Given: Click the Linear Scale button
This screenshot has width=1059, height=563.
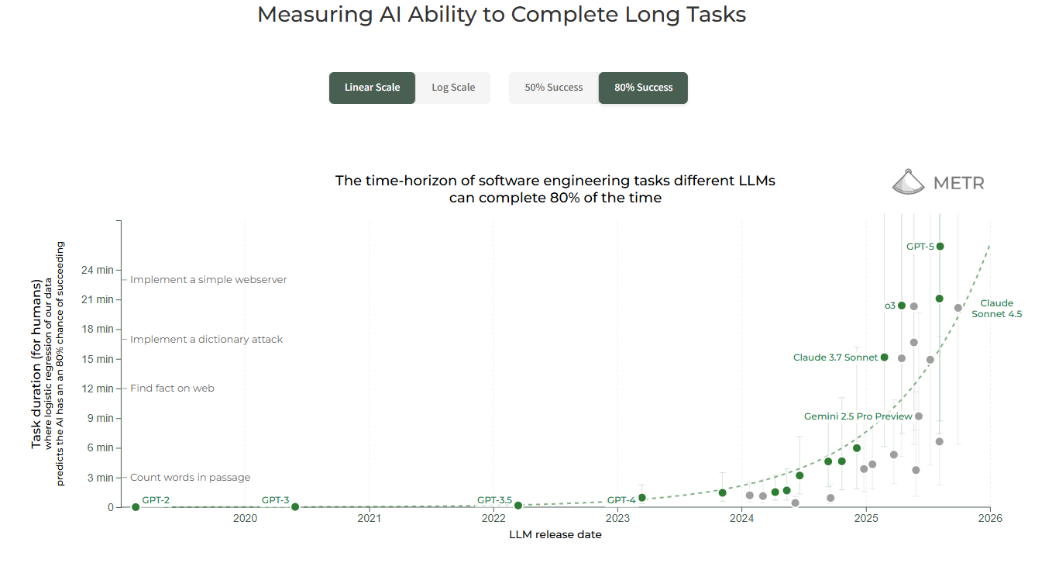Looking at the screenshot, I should [x=372, y=88].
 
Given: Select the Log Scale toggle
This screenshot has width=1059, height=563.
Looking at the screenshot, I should [x=453, y=88].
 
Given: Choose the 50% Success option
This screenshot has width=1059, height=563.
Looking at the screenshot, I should [x=553, y=88].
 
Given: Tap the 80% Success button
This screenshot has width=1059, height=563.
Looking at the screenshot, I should [x=643, y=88].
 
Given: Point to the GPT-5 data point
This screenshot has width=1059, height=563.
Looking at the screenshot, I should [x=940, y=247].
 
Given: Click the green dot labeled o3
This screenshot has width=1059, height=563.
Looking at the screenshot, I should [x=902, y=306].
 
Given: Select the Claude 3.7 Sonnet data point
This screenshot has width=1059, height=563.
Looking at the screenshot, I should [x=885, y=357].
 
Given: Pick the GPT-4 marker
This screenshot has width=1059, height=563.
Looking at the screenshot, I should [x=641, y=498].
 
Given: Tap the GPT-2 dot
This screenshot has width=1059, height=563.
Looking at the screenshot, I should [x=136, y=507].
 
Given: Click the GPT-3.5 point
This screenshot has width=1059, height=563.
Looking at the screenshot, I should [x=518, y=506].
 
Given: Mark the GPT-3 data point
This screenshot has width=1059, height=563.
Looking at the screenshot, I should [x=295, y=507].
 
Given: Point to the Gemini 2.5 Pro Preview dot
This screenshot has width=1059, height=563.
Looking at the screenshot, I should [x=919, y=416].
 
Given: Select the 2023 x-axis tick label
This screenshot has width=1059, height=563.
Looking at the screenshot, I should [x=617, y=519].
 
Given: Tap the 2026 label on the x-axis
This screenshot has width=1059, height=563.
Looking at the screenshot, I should [x=990, y=519].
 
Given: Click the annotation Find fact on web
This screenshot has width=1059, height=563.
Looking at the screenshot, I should [x=172, y=388].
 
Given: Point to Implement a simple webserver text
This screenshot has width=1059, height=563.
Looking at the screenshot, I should [x=208, y=279].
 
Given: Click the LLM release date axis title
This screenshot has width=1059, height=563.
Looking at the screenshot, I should [x=555, y=535].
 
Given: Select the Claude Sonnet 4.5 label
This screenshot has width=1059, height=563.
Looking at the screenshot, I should [x=996, y=309].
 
